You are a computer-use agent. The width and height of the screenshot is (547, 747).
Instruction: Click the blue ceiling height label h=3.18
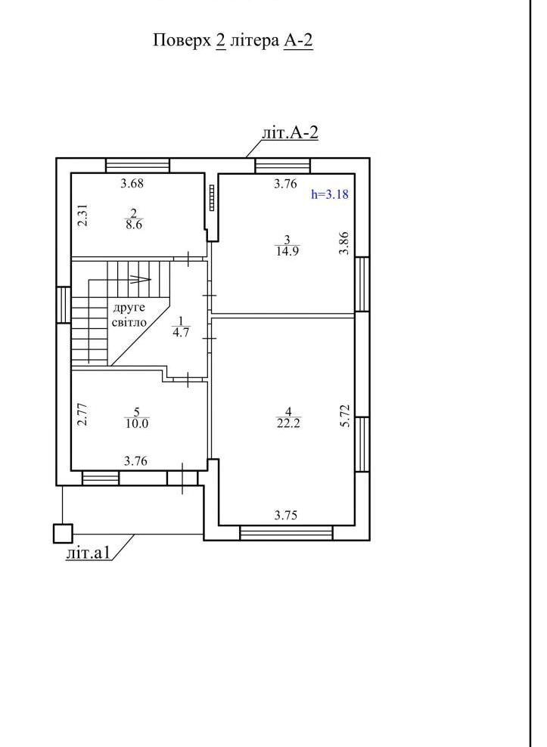pyautogui.click(x=330, y=194)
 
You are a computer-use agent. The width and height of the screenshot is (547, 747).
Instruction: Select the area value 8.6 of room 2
pyautogui.click(x=134, y=225)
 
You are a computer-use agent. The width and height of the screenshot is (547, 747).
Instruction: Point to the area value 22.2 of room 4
pyautogui.click(x=288, y=423)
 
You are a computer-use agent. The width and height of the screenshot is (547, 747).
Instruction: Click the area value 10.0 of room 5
pyautogui.click(x=137, y=423)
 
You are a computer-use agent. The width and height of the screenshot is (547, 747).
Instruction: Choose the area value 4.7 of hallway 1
pyautogui.click(x=181, y=332)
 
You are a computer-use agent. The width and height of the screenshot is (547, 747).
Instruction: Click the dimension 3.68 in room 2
pyautogui.click(x=132, y=183)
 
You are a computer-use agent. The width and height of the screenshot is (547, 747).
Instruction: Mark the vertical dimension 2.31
pyautogui.click(x=83, y=215)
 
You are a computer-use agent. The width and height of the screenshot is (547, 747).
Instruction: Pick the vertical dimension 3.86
pyautogui.click(x=344, y=243)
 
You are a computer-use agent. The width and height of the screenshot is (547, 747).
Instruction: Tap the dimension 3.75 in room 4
pyautogui.click(x=286, y=515)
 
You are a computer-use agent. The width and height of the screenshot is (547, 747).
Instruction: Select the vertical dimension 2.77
pyautogui.click(x=83, y=414)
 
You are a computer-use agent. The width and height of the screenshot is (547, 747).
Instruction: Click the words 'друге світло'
pyautogui.click(x=129, y=315)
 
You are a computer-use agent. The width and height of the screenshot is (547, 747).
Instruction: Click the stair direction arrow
pyautogui.click(x=140, y=280)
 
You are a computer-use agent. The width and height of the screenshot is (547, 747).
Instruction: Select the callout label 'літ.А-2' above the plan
pyautogui.click(x=290, y=132)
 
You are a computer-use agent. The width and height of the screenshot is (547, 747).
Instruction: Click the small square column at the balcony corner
pyautogui.click(x=63, y=533)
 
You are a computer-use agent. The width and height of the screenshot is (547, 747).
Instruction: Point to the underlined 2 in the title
pyautogui.click(x=220, y=41)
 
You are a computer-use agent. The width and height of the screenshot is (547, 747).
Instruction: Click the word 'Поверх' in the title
pyautogui.click(x=182, y=41)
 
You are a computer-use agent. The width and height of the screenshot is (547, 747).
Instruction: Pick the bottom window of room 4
pyautogui.click(x=286, y=532)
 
